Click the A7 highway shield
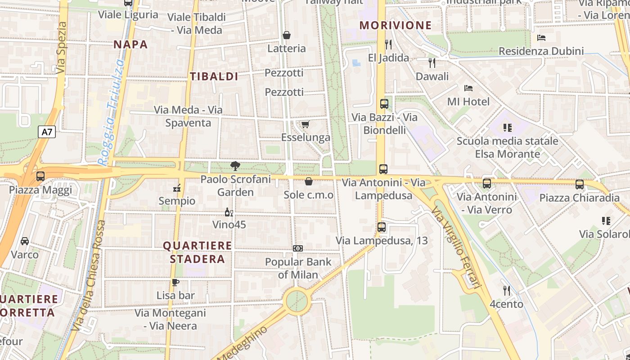pos(47,132)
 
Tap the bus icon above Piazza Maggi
pos(40,176)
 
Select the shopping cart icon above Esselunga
pos(306,124)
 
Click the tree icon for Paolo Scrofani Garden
pos(235,166)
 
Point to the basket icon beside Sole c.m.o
pos(309,181)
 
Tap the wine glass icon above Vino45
pos(229,212)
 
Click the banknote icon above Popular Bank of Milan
pos(297,248)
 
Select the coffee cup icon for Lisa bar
pos(175,283)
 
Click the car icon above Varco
pos(25,241)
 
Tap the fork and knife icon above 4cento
pos(507,291)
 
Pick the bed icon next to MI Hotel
pos(468,88)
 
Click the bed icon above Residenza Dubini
pos(541,38)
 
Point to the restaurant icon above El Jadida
pos(389,44)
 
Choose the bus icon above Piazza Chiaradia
pos(580,184)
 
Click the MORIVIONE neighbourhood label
pos(396,25)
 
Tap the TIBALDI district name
pos(214,76)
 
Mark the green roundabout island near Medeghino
pos(297,301)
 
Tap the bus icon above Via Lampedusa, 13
pos(382,227)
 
